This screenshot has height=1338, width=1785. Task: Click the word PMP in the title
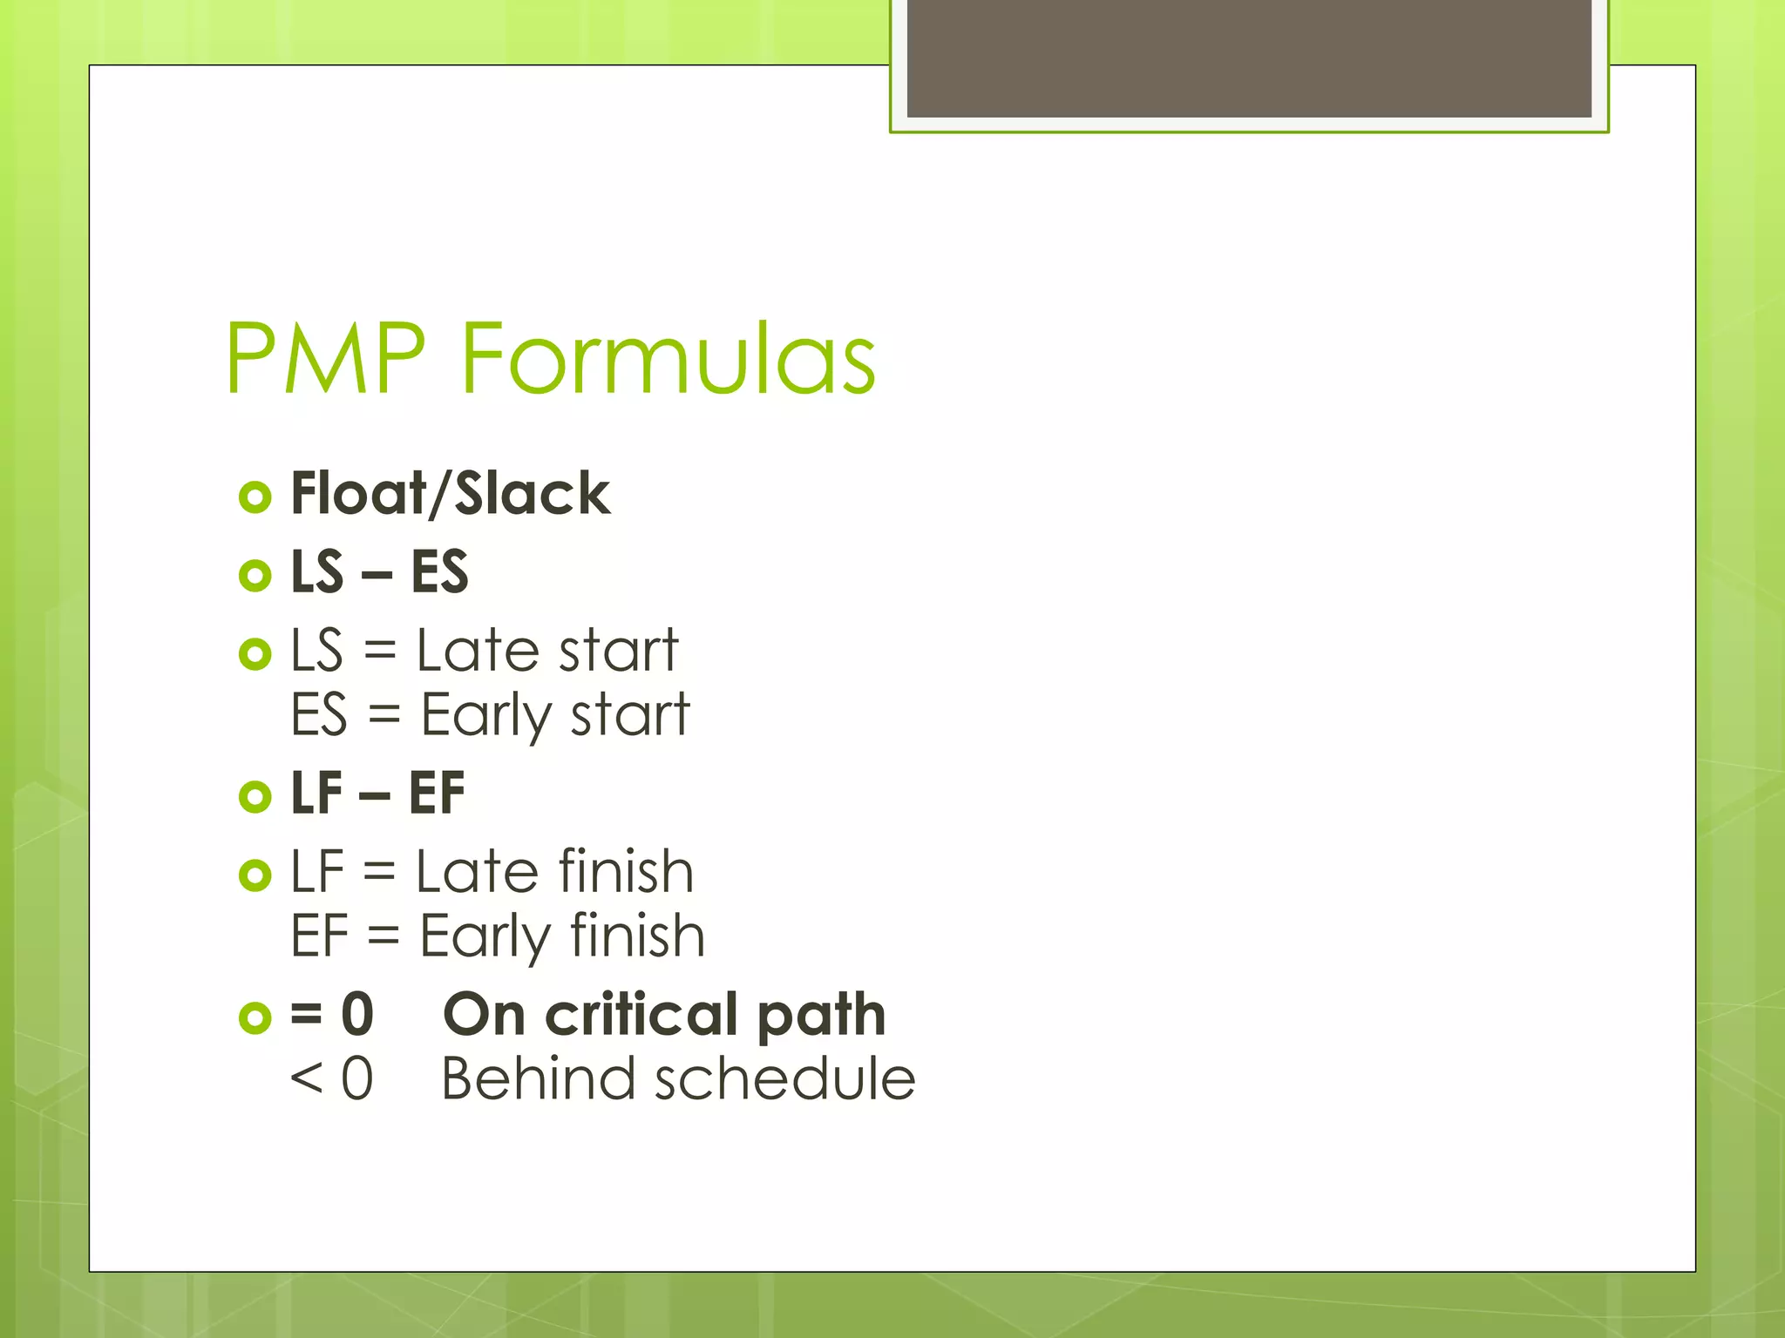325,358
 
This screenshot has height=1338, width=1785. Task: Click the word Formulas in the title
668,358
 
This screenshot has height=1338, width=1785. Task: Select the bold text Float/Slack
450,494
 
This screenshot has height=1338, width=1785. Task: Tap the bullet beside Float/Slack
255,497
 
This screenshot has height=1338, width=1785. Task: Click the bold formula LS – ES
379,572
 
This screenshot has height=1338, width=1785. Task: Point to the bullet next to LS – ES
255,575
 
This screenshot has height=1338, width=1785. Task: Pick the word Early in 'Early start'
486,715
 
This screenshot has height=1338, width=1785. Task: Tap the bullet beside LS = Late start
255,653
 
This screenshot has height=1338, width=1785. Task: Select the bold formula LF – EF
377,794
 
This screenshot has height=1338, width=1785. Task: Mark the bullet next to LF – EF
255,796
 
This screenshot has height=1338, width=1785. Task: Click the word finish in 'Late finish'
625,871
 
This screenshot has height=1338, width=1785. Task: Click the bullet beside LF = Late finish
255,875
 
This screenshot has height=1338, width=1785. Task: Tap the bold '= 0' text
332,1014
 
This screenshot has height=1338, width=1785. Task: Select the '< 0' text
332,1078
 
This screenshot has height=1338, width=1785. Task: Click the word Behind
538,1078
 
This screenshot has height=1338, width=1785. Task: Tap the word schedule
784,1078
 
